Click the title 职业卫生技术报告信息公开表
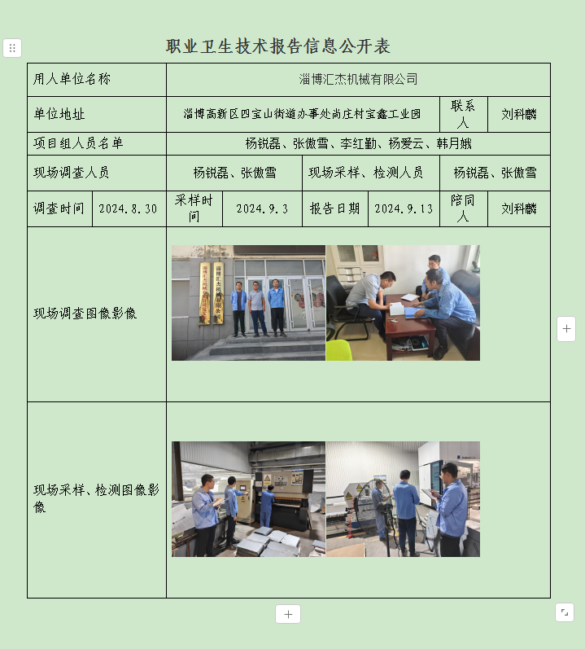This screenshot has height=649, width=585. click(x=277, y=46)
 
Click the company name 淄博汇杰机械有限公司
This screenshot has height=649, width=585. click(x=358, y=79)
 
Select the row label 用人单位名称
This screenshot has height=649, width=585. click(x=72, y=79)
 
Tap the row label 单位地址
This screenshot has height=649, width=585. click(x=59, y=115)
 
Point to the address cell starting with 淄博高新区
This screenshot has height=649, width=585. click(x=302, y=115)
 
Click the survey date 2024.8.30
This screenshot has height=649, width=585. click(x=128, y=208)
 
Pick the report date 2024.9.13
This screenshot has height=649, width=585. click(x=404, y=208)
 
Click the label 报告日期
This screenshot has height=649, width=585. click(x=334, y=208)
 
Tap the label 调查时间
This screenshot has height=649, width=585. click(x=59, y=208)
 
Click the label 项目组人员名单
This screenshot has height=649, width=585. click(x=79, y=143)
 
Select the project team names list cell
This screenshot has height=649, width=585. click(x=358, y=143)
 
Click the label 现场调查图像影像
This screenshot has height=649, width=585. click(x=85, y=314)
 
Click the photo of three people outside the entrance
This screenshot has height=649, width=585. click(x=248, y=303)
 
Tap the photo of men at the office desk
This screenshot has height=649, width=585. click(x=403, y=303)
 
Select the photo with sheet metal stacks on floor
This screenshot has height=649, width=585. click(x=248, y=499)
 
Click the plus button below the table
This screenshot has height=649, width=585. click(x=288, y=614)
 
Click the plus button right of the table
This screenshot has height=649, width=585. click(x=566, y=329)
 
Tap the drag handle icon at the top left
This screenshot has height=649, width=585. click(x=12, y=48)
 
